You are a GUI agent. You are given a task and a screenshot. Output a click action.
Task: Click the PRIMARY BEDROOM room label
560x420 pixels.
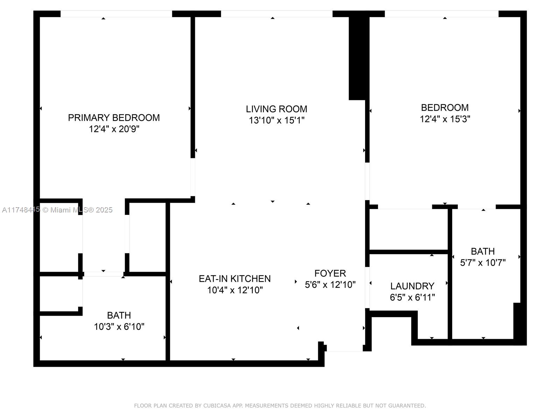coord(114,118)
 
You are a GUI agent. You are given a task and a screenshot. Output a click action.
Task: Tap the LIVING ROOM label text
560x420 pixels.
coord(276,109)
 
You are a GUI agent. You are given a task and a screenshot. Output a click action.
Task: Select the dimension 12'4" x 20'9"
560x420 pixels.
coord(114,129)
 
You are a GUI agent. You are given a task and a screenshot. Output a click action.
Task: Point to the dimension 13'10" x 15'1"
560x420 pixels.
coord(276,120)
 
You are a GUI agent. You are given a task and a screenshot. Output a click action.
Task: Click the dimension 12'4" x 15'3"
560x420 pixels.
coord(445,119)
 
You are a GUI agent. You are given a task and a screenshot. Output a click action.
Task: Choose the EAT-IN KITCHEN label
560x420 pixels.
coord(234,279)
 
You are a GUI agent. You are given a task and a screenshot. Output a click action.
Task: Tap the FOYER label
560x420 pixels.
coord(330,273)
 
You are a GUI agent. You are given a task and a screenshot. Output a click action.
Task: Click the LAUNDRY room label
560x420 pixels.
coord(412,286)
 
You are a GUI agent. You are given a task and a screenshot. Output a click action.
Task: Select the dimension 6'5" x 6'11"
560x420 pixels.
coord(412,297)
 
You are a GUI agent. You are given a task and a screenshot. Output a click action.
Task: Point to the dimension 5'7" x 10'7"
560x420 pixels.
coord(483,262)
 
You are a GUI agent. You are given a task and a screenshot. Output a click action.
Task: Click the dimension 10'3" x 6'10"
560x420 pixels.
coord(119,327)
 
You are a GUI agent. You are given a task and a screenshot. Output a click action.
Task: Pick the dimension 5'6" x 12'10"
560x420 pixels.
coord(330,285)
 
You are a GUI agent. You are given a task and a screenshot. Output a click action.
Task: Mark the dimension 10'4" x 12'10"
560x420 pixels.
coord(235,290)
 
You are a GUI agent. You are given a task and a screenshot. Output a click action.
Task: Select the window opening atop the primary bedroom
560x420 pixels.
coord(116,14)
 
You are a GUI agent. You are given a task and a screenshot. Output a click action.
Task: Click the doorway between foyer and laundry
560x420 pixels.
coord(367,287)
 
